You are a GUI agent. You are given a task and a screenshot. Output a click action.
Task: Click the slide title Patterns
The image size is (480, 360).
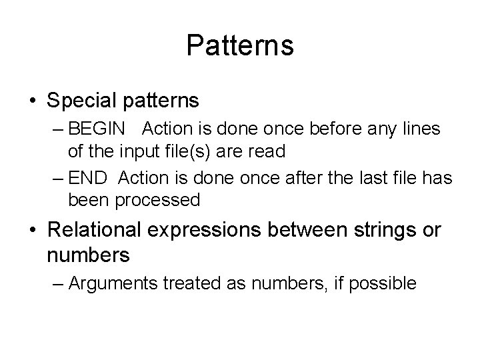point(240,46)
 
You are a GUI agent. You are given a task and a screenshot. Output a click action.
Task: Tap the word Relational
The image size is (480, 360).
point(94,231)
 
